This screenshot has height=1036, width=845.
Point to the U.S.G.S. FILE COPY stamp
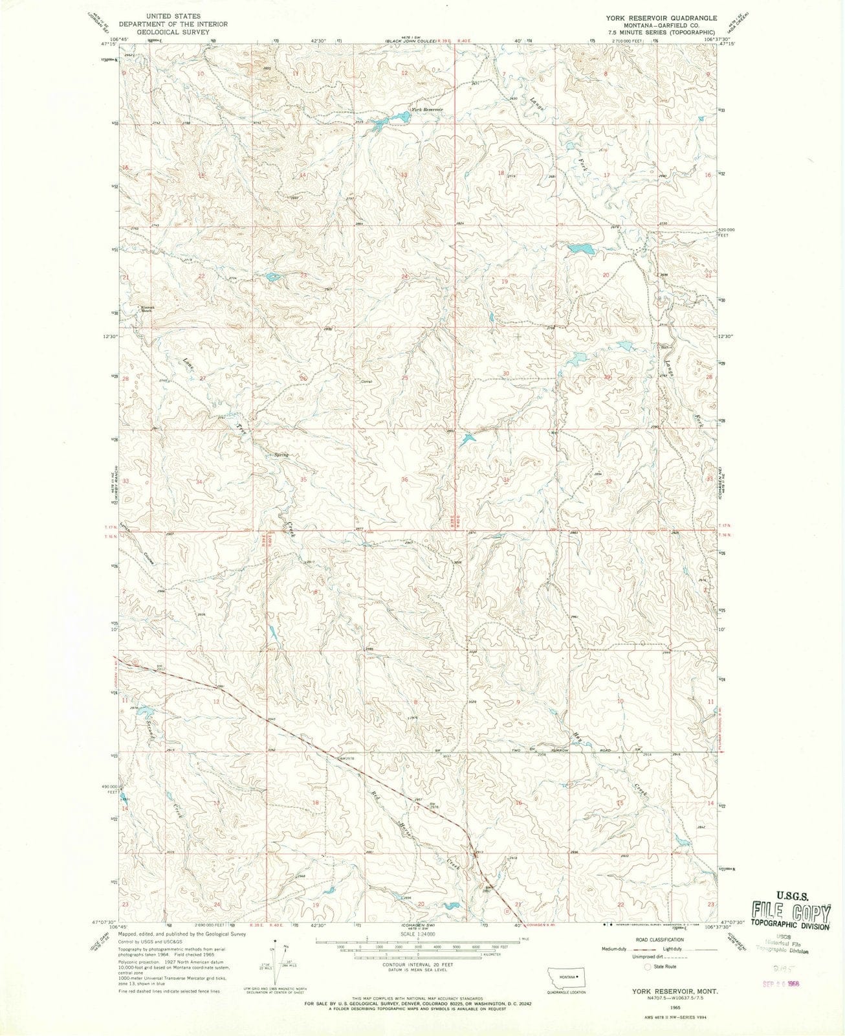pyautogui.click(x=791, y=912)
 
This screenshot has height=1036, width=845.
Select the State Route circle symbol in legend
pyautogui.click(x=648, y=966)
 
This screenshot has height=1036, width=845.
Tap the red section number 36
pyautogui.click(x=404, y=480)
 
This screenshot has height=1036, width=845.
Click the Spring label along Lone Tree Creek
pyautogui.click(x=280, y=455)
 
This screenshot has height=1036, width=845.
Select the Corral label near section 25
pyautogui.click(x=367, y=381)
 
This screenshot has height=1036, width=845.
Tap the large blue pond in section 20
pyautogui.click(x=581, y=248)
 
